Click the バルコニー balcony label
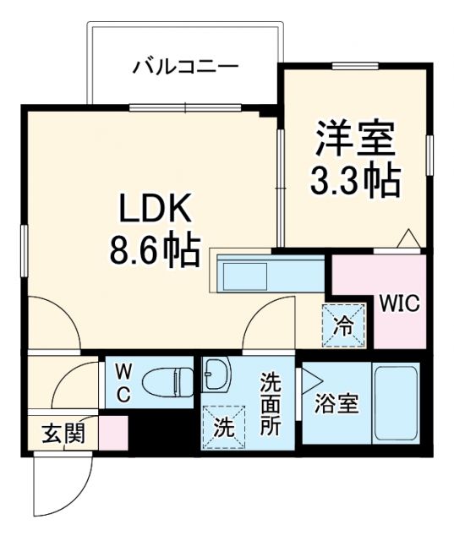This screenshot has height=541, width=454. [x=184, y=65]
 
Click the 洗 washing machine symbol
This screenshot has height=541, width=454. [x=222, y=428]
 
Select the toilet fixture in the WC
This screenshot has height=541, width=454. [x=166, y=382]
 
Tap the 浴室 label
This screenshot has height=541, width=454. [x=337, y=405]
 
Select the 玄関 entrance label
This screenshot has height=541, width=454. [x=63, y=434]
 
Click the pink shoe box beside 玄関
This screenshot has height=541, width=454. [x=112, y=432]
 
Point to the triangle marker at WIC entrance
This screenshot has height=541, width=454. [x=408, y=238]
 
